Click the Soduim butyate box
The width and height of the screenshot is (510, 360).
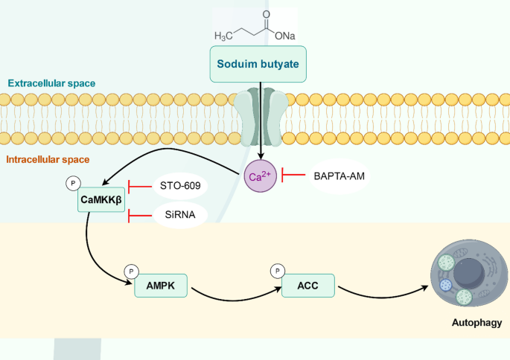coord(258,65)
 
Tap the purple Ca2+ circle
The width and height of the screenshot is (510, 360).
coord(261,176)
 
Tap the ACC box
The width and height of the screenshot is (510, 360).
coord(308,284)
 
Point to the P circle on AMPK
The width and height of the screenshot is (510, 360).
coord(130,271)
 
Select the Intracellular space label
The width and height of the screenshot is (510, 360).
coord(48,160)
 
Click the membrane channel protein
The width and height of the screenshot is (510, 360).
coord(260,119)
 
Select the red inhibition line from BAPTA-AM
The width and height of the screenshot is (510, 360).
coord(292,176)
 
